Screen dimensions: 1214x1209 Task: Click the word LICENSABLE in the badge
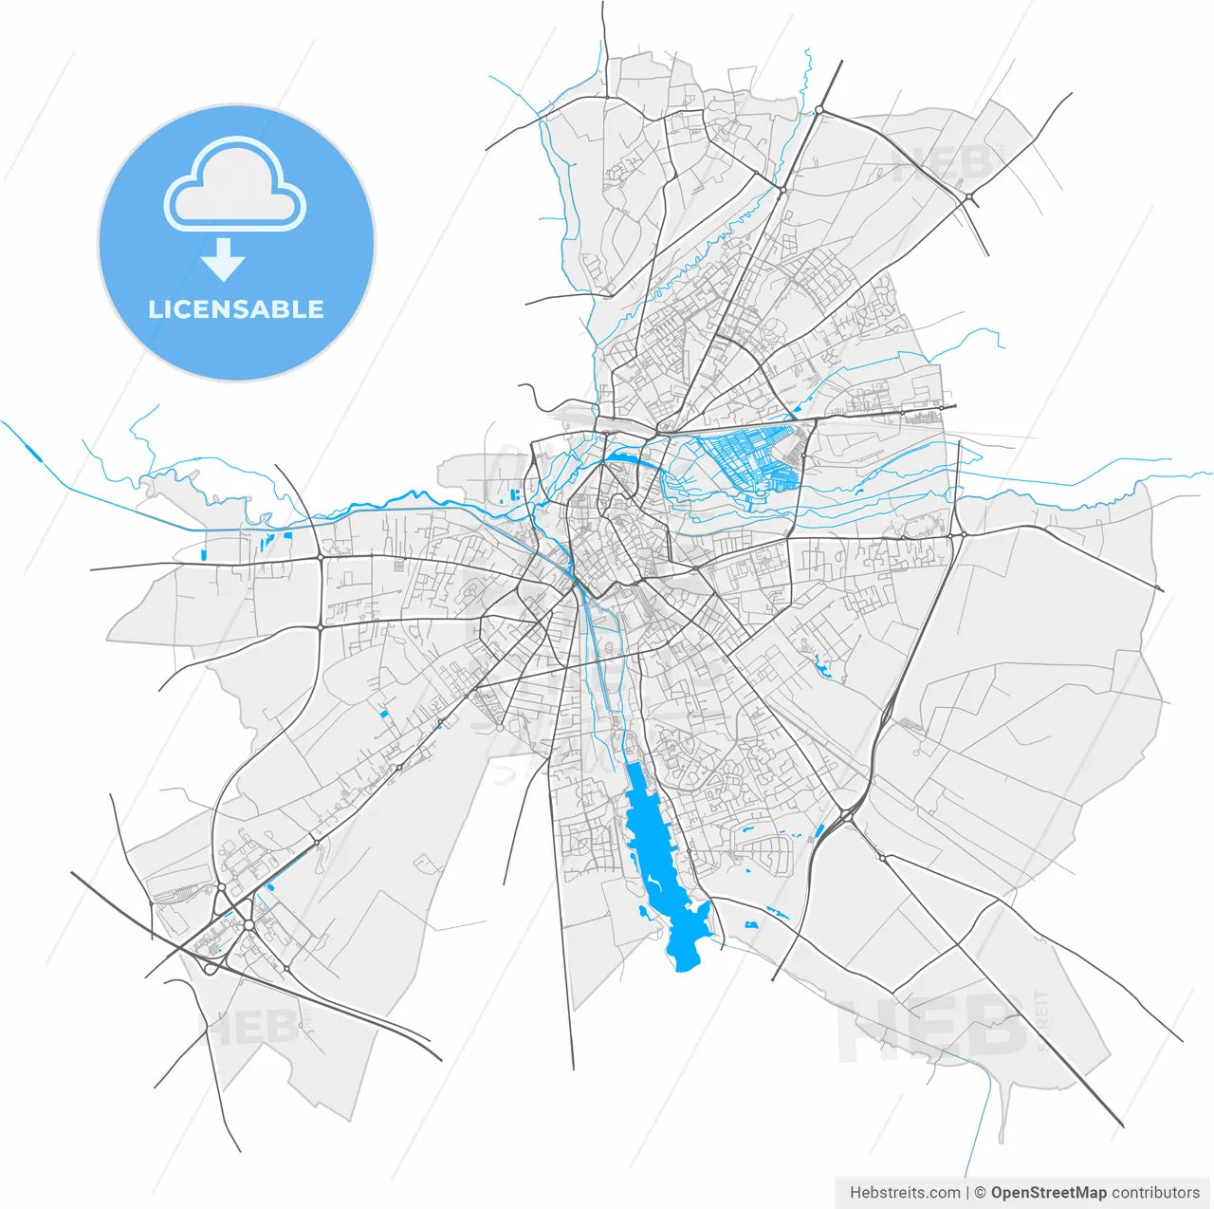(236, 309)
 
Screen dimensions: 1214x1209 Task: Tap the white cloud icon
(235, 185)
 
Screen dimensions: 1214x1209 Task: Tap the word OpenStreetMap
(1049, 1192)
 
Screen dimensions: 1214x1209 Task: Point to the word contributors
(1156, 1192)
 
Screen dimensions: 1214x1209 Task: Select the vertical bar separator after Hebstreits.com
(967, 1192)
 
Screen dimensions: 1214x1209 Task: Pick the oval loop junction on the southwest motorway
(211, 968)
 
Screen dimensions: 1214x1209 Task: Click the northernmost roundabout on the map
(819, 111)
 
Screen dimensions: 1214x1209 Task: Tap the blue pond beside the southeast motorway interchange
(819, 832)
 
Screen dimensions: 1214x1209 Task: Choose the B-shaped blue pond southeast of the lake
(751, 923)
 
